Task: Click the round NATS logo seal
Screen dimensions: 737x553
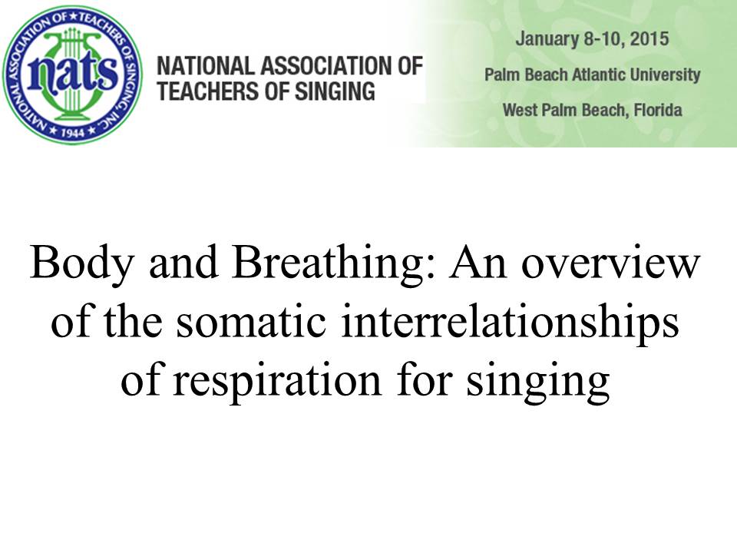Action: pyautogui.click(x=72, y=75)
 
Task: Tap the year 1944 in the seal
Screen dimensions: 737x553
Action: pyautogui.click(x=72, y=133)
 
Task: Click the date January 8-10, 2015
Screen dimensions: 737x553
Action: pyautogui.click(x=592, y=39)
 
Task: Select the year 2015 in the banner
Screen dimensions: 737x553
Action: pyautogui.click(x=649, y=38)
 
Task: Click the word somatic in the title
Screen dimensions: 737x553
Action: pyautogui.click(x=252, y=323)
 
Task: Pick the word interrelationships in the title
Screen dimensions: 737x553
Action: pyautogui.click(x=510, y=323)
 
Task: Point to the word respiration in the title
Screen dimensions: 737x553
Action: pyautogui.click(x=277, y=382)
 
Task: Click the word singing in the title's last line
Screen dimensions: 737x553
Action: pyautogui.click(x=538, y=382)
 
